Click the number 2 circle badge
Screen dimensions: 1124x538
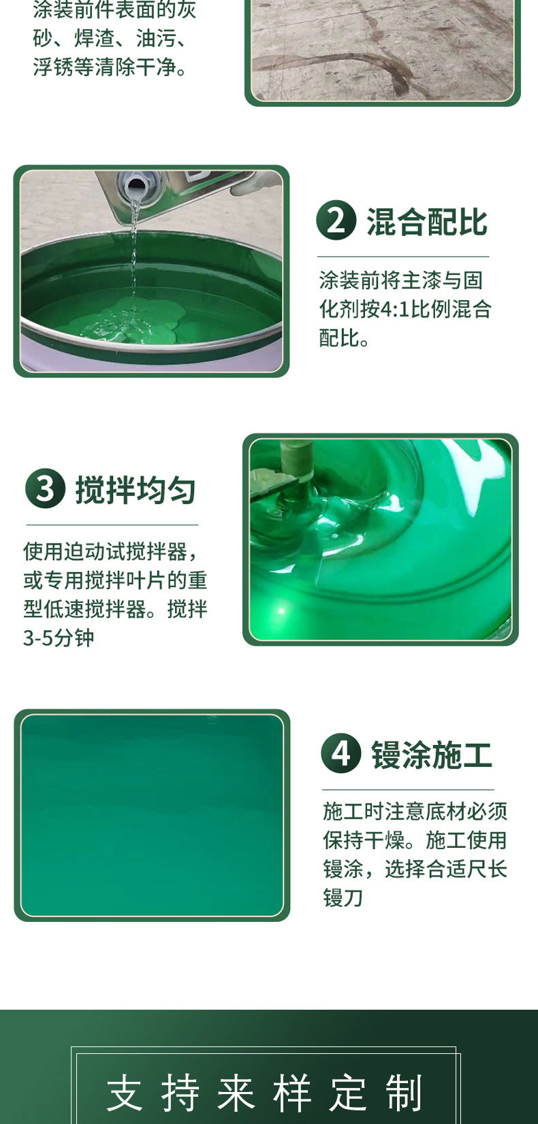tap(336, 220)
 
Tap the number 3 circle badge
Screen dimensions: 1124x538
tap(45, 489)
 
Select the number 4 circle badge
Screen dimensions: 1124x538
tap(341, 753)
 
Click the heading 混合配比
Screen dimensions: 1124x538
tap(427, 222)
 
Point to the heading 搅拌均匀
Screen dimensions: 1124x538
tap(136, 490)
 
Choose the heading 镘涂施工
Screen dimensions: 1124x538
tap(431, 755)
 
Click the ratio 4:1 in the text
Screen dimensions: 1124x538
tap(394, 310)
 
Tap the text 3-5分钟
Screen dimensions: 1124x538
tap(59, 638)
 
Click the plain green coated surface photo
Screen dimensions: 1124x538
tap(152, 815)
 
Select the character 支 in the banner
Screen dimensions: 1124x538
tap(125, 1093)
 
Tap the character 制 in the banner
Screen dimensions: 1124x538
tap(405, 1093)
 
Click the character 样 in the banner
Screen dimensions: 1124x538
tap(293, 1093)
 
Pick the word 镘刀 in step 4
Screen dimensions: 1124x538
tap(343, 898)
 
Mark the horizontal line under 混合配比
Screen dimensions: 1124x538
tap(403, 257)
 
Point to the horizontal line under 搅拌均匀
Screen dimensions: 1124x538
tap(112, 525)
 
